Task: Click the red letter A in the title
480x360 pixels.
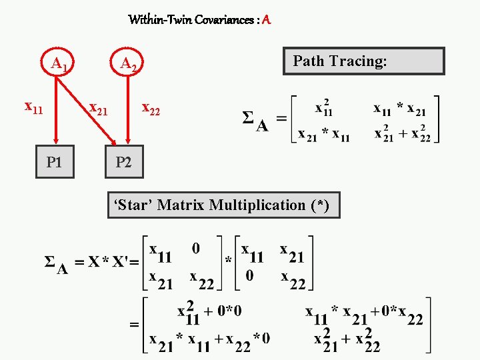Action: (x=267, y=20)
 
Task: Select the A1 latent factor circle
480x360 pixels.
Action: (x=58, y=63)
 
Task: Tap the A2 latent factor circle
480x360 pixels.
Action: (x=128, y=63)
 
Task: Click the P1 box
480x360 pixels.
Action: (x=55, y=162)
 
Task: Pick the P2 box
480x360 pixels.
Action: (x=124, y=162)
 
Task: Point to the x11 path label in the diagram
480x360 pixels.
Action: (x=33, y=107)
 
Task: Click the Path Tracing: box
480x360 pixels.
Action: (x=364, y=61)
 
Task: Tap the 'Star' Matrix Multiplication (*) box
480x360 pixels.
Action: (x=223, y=205)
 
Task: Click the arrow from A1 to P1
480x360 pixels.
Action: (x=56, y=110)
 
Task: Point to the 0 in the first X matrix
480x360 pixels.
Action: (x=195, y=249)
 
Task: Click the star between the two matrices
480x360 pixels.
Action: (x=228, y=259)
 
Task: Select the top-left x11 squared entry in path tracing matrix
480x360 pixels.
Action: (x=323, y=108)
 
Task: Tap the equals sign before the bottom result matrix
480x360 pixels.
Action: (x=135, y=325)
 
